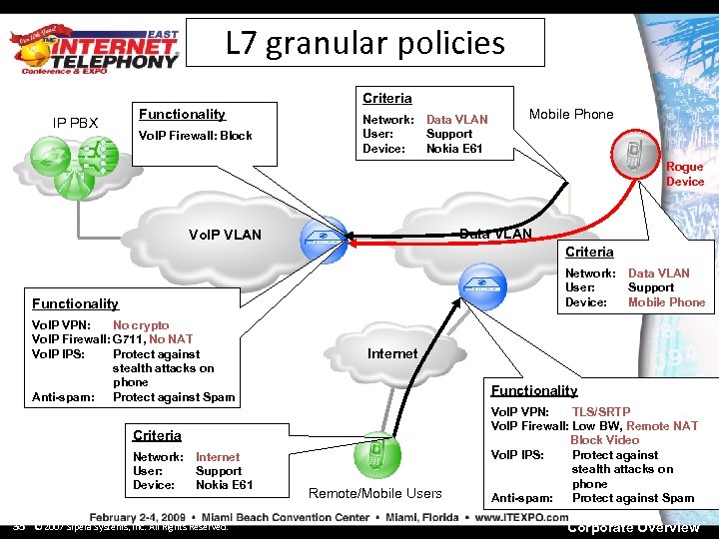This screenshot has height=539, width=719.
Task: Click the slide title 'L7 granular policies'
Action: coord(365,43)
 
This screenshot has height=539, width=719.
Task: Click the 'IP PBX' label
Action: coord(75,123)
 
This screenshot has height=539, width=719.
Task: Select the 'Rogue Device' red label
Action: coord(685,175)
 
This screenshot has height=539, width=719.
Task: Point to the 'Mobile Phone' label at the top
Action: coord(571,114)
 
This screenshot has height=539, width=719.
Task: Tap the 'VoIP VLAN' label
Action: coord(225,235)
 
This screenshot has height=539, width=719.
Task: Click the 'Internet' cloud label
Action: coord(392,353)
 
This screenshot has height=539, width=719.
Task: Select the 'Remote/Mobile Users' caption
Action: coord(375,493)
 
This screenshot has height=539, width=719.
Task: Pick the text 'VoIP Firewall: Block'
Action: coord(195,136)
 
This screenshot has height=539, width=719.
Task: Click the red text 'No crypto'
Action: coord(141,325)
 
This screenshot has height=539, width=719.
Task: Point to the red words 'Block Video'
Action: coord(604,440)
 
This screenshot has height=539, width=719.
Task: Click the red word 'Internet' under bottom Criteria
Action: coord(218,457)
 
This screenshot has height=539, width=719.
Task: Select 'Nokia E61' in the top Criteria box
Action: coord(454,149)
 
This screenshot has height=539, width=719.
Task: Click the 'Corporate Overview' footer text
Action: coord(633,527)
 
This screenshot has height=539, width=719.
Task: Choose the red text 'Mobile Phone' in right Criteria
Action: coord(666,302)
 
